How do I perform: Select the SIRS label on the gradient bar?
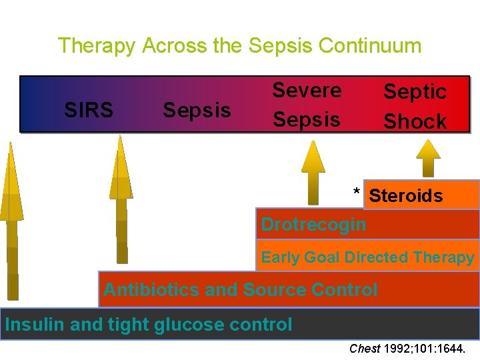coord(88,109)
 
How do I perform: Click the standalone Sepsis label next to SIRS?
coord(197,109)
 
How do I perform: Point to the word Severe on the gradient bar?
coord(307,90)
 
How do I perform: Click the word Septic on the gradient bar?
coord(415,92)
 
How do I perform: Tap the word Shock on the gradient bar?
coord(415,121)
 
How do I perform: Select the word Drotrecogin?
coord(313,225)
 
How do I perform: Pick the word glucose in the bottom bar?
coord(189,325)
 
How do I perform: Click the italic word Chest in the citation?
coord(364,348)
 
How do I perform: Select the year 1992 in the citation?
coord(397,348)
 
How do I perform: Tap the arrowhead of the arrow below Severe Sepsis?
coord(313,158)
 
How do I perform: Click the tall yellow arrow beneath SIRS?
coord(11,220)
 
